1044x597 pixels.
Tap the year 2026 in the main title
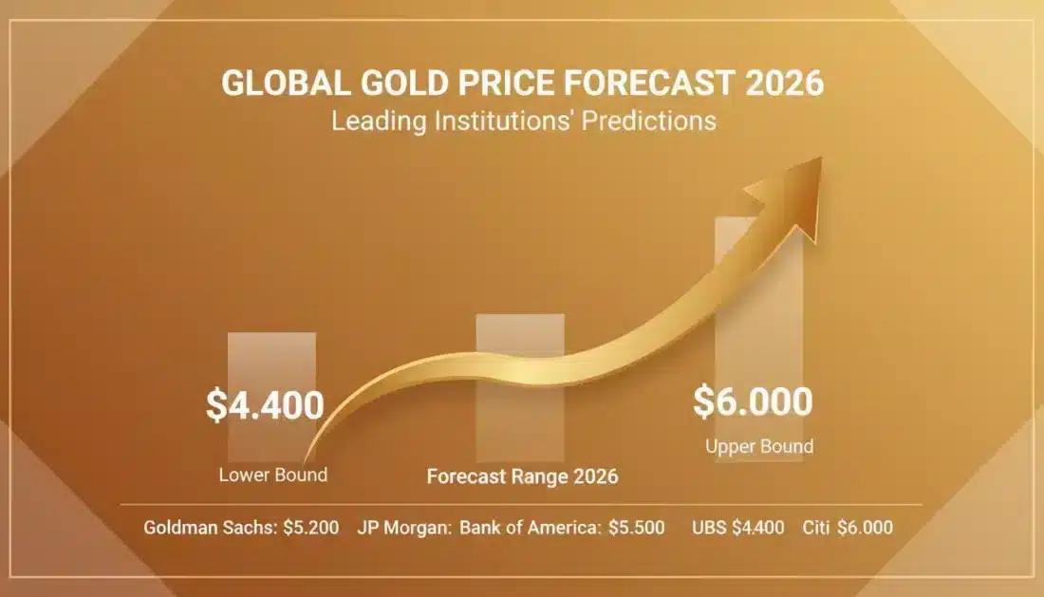784,84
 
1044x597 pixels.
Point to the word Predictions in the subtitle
655,121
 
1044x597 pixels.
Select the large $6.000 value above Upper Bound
753,401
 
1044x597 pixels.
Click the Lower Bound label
272,475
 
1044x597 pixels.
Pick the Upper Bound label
759,446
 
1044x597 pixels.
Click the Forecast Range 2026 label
522,476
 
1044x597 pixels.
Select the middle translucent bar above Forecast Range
519,342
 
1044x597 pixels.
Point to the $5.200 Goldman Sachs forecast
311,528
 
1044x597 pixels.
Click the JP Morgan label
404,528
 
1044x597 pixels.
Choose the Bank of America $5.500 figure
636,528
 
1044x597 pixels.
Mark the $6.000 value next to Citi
865,528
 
